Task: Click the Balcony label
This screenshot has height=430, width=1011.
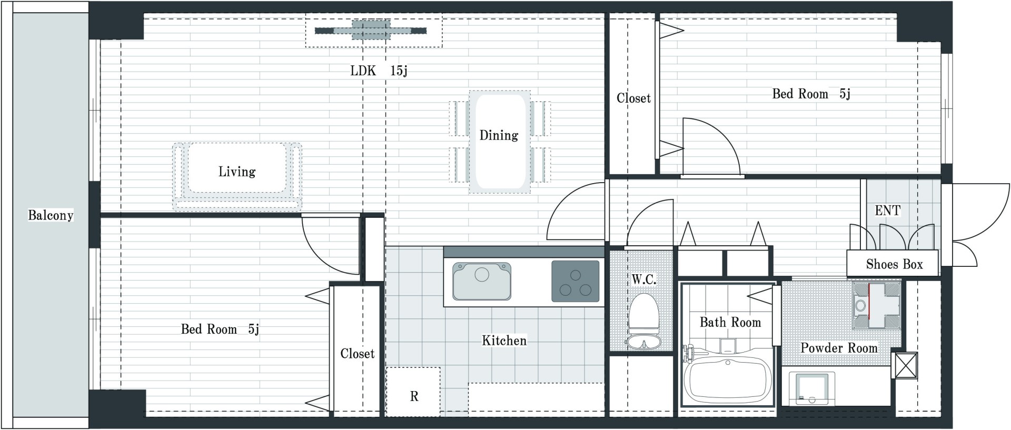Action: pos(51,215)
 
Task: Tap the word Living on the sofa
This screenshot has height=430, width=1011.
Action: pos(237,172)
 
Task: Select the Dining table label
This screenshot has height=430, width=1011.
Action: pos(499,135)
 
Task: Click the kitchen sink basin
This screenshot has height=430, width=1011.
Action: pos(482,281)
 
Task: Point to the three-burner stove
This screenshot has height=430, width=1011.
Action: pos(576,282)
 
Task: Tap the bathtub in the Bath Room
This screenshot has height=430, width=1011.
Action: pos(728,380)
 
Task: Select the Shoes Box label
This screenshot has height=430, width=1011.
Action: pos(894,264)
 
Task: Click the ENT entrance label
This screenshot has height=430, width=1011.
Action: pos(888,211)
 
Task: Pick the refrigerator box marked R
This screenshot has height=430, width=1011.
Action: pos(413,392)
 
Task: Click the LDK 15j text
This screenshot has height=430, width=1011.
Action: pos(379,71)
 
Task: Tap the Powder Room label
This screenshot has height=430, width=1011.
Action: pos(839,348)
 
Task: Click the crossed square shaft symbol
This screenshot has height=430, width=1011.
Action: pos(906,365)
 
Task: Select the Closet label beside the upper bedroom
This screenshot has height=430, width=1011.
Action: pos(633,98)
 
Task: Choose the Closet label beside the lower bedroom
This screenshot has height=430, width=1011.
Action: pos(357,354)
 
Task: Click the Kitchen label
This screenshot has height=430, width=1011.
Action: pos(504,341)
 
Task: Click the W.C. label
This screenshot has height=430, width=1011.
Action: pos(643,279)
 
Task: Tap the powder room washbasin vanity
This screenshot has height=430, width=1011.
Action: pos(877,305)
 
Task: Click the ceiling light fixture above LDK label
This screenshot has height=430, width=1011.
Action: pos(371,31)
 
